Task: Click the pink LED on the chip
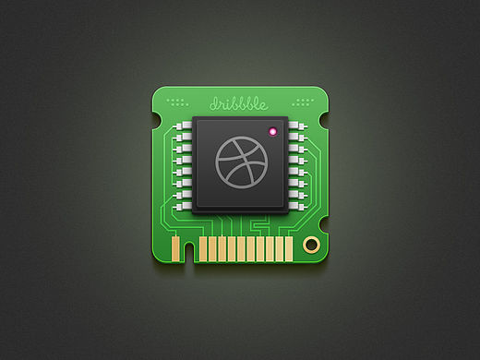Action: [272, 132]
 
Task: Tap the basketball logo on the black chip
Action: [242, 162]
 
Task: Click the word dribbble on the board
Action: [239, 104]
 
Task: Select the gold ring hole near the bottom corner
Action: [311, 245]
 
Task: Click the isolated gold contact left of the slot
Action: [175, 248]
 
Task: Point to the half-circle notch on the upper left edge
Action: [156, 121]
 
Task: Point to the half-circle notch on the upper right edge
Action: [324, 120]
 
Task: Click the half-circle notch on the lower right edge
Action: [324, 224]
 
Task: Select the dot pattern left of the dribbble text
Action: [177, 102]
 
